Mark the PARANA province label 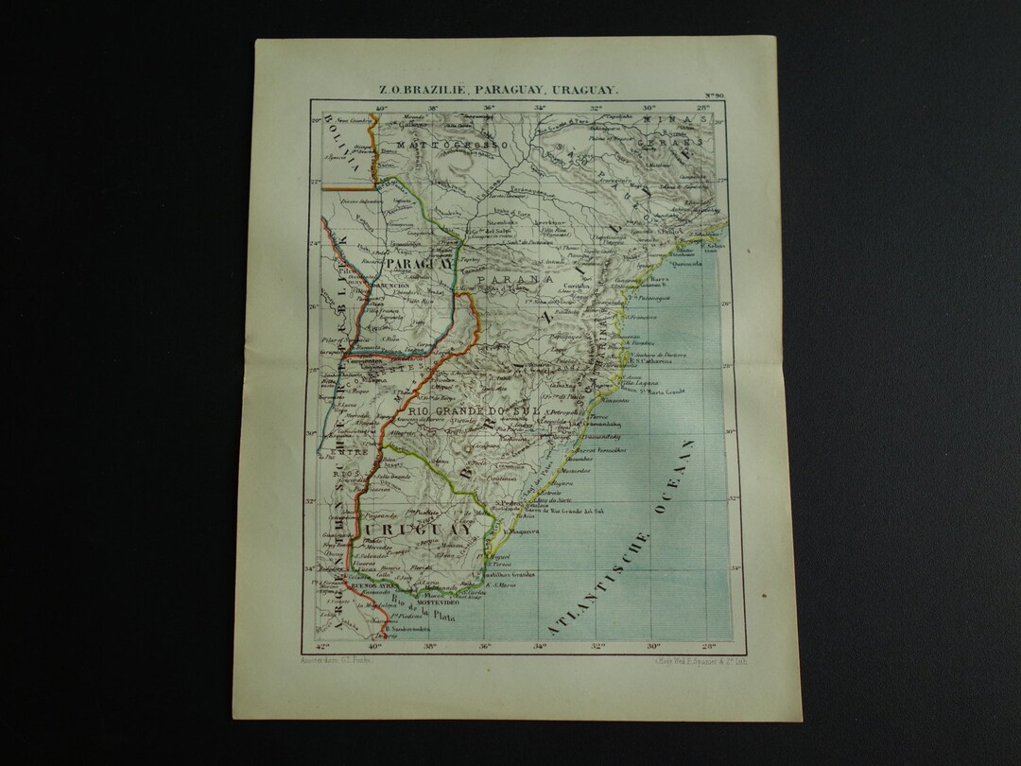(x=514, y=281)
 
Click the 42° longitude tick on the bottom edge (x=323, y=648)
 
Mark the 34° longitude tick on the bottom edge (x=541, y=648)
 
